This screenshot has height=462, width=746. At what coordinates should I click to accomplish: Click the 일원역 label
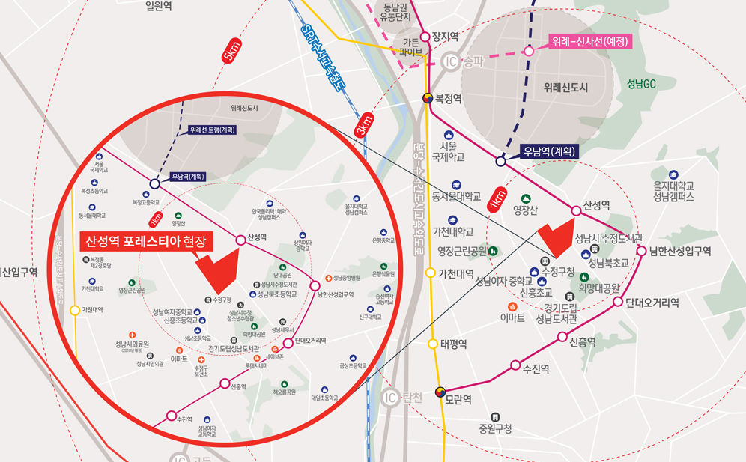(x=158, y=6)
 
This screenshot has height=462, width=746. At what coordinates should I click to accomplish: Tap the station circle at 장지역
(x=425, y=36)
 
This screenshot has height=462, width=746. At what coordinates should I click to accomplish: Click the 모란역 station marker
(x=440, y=392)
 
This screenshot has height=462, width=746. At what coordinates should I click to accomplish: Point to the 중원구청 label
(x=496, y=429)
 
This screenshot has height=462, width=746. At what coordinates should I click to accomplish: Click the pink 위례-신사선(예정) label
(x=591, y=41)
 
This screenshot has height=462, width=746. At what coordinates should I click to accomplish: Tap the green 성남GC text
(x=641, y=83)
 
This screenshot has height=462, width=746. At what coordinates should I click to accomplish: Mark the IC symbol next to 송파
(x=451, y=62)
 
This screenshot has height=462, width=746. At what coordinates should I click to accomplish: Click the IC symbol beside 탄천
(x=389, y=397)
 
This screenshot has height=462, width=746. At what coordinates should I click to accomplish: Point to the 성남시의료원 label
(x=133, y=345)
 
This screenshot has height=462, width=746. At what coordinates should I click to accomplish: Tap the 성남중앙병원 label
(x=347, y=279)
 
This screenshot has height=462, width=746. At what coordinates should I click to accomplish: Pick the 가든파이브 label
(x=411, y=46)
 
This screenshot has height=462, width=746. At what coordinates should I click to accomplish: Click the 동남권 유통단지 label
(x=397, y=11)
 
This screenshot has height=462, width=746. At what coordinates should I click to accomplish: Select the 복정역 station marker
(x=428, y=97)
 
